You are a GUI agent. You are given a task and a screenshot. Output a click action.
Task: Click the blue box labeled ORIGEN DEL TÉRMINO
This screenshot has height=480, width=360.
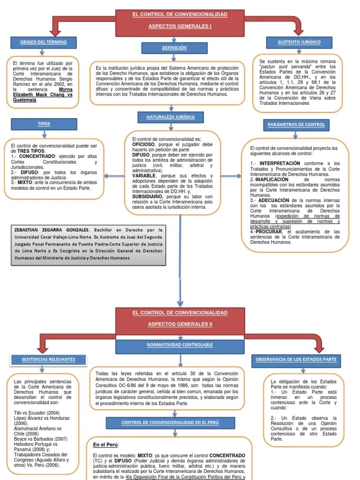click(43, 43)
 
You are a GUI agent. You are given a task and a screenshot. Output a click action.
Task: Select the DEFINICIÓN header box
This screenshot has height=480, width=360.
click(174, 48)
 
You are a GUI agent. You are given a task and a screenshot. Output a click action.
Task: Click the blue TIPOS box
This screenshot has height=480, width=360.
click(44, 124)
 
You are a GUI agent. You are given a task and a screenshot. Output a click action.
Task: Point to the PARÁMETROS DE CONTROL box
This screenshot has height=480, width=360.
click(296, 125)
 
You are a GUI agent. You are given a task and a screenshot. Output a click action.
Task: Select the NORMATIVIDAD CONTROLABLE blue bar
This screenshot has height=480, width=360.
click(180, 345)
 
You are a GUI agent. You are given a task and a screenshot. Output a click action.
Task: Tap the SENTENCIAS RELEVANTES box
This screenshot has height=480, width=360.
click(48, 360)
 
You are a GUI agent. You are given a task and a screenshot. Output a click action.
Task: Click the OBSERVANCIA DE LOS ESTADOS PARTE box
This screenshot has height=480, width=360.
click(296, 360)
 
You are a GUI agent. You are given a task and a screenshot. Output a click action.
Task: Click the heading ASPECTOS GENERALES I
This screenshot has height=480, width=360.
click(180, 26)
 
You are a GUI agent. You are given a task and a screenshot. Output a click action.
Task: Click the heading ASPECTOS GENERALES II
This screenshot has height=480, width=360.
click(180, 324)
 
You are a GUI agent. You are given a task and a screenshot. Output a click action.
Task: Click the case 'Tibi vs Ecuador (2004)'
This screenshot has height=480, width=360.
click(37, 412)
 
